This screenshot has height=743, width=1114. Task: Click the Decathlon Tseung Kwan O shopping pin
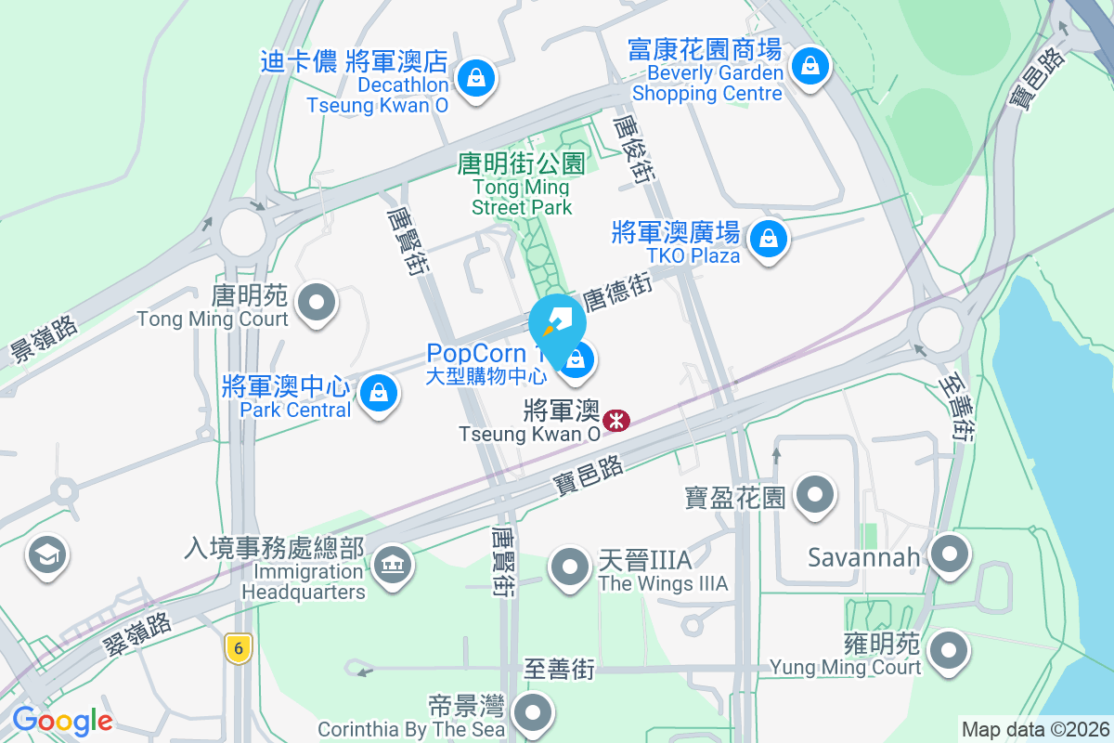tap(476, 76)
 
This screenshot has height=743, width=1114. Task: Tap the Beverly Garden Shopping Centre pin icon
tap(810, 66)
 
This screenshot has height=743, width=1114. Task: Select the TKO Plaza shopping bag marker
tap(768, 239)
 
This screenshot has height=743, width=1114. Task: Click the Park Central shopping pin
tap(379, 393)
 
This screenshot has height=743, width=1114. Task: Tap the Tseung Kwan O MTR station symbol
tap(615, 421)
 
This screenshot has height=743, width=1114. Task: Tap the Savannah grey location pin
tap(949, 555)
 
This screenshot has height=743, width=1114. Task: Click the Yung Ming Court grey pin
tap(949, 649)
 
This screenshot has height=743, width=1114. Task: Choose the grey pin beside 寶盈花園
tap(815, 494)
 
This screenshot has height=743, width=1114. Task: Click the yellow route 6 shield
tap(239, 648)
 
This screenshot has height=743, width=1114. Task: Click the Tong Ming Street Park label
tap(522, 185)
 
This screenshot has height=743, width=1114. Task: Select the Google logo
tap(62, 720)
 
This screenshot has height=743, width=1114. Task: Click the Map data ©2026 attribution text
tap(1035, 730)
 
